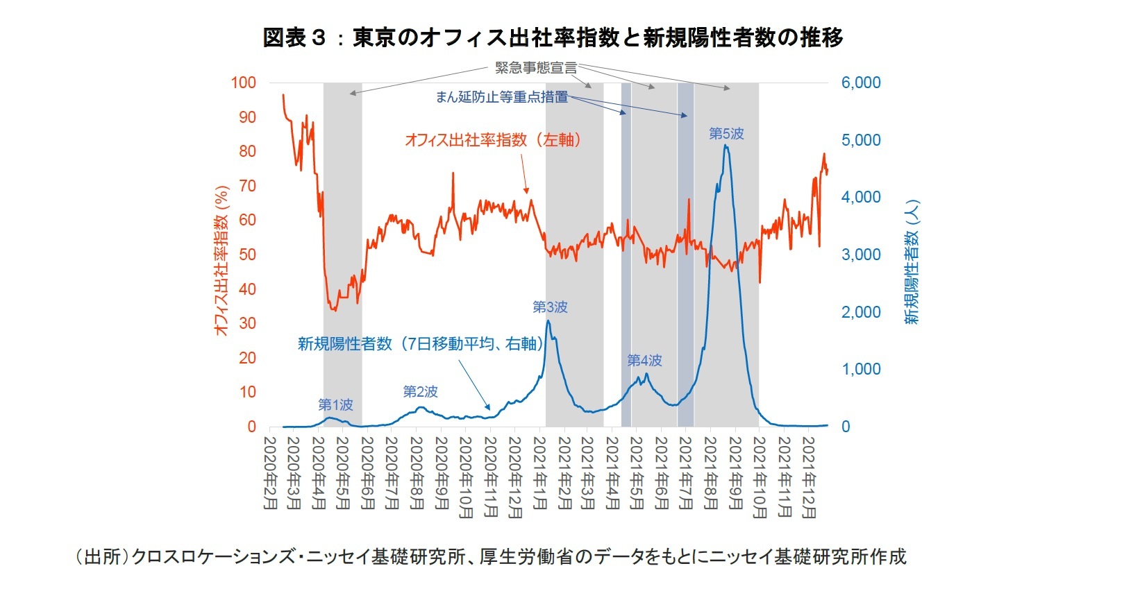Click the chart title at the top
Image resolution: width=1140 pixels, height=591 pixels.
pos(553,37)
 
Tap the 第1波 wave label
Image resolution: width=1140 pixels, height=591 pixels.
pos(335,404)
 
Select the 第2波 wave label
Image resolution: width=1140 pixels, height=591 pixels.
pos(421,392)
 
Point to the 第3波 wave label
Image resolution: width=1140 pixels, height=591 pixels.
pos(550,307)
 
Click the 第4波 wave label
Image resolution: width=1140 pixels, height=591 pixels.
pos(644,360)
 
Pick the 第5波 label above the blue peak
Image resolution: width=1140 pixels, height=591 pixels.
pos(726,134)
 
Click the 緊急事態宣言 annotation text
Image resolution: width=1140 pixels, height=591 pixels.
pos(535,68)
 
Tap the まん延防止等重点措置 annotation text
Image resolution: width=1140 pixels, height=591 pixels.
pos(501,97)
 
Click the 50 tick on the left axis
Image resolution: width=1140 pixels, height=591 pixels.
pos(247,255)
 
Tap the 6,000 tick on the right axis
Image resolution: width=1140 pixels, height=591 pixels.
pos(860,83)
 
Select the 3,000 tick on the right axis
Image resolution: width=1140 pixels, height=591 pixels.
pos(860,255)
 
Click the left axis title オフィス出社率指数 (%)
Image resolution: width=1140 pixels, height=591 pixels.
pos(221,261)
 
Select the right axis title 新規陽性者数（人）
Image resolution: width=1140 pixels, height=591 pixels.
pos(912,262)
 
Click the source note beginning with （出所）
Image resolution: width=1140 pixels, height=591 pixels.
pos(490,557)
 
